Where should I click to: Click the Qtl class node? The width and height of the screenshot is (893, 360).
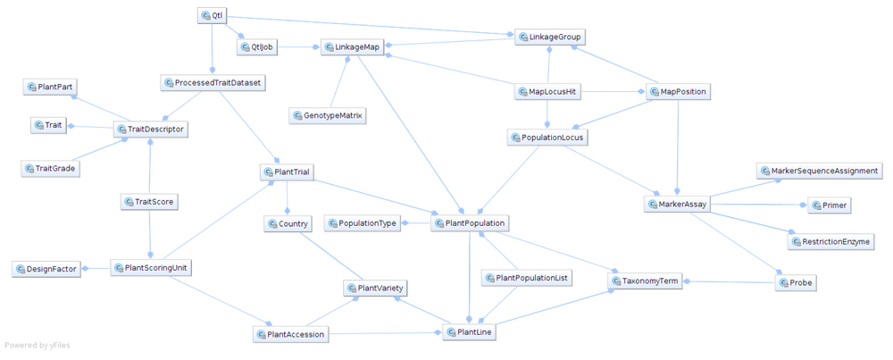tap(211, 16)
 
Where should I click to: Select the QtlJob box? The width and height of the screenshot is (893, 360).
tap(256, 46)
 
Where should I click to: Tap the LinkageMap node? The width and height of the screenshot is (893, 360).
tap(354, 47)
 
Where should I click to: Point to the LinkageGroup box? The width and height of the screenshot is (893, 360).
tap(551, 38)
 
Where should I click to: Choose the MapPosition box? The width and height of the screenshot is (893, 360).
tap(677, 92)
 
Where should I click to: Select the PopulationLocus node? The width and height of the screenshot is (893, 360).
tap(547, 138)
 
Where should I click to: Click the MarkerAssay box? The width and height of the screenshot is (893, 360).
tap(677, 205)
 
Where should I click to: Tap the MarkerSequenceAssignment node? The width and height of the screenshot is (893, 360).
tap(820, 171)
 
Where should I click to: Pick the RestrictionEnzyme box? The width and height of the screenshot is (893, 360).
tap(830, 241)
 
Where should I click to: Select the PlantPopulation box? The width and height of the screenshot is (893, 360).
tap(470, 222)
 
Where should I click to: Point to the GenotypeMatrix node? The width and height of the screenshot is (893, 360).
tap(327, 116)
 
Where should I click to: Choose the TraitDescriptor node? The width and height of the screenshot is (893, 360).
tap(152, 130)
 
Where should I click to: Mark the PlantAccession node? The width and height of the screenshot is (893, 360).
tap(291, 334)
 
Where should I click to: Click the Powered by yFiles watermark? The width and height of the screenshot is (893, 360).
tap(38, 346)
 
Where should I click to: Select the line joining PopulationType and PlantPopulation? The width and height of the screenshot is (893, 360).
tap(417, 223)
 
